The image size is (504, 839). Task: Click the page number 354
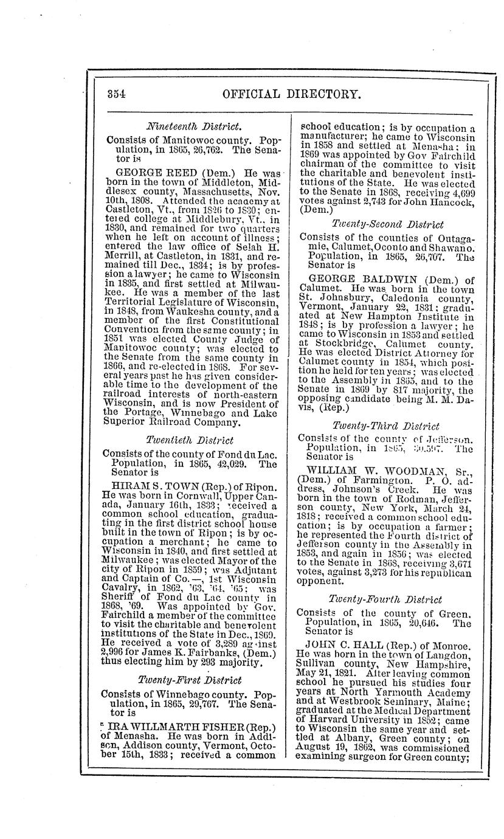116,94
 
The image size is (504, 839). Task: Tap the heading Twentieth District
190,439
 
